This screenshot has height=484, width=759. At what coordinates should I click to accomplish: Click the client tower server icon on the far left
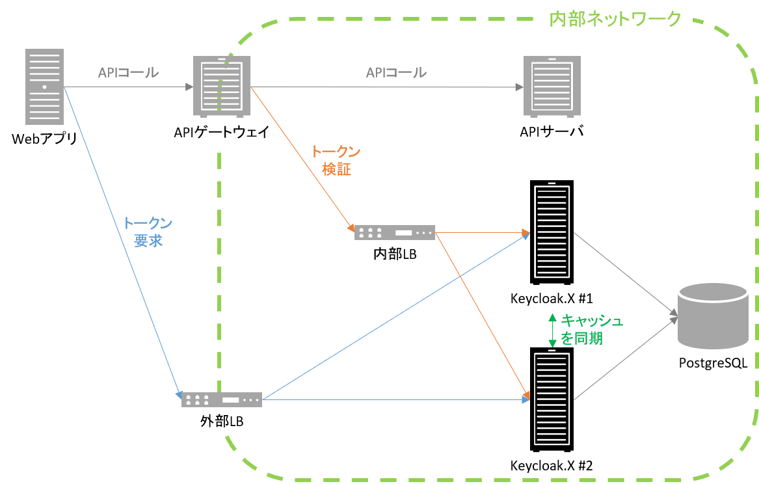[44, 87]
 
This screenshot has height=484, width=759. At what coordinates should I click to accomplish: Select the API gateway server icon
[221, 86]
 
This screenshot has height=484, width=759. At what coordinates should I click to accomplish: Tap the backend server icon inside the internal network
[552, 87]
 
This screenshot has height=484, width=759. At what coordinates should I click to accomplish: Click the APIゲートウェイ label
[221, 132]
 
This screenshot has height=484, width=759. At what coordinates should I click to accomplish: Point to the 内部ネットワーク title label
[615, 19]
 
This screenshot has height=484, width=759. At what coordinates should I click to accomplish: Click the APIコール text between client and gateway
[127, 73]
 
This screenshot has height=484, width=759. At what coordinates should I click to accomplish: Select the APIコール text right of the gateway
[396, 73]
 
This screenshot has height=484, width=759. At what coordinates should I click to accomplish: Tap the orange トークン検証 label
[336, 161]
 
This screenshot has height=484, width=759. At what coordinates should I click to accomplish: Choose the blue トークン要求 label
[148, 232]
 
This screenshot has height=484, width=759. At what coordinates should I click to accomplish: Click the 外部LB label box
[221, 422]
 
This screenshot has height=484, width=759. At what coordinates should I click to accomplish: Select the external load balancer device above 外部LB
[221, 399]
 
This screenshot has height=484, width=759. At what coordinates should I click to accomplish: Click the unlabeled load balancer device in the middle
[394, 232]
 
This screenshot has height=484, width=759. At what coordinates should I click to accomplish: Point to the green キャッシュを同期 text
[591, 329]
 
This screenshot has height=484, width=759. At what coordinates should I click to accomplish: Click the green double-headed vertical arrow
[552, 330]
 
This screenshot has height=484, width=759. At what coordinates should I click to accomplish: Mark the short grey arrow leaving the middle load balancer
[481, 232]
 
